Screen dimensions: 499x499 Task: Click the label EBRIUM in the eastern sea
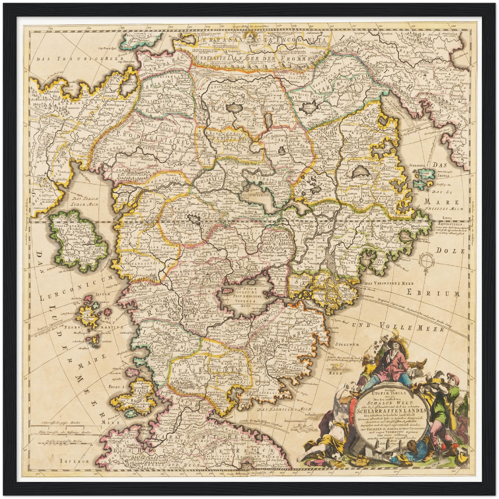[433, 294]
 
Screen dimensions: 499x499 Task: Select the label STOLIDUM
[346, 345]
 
